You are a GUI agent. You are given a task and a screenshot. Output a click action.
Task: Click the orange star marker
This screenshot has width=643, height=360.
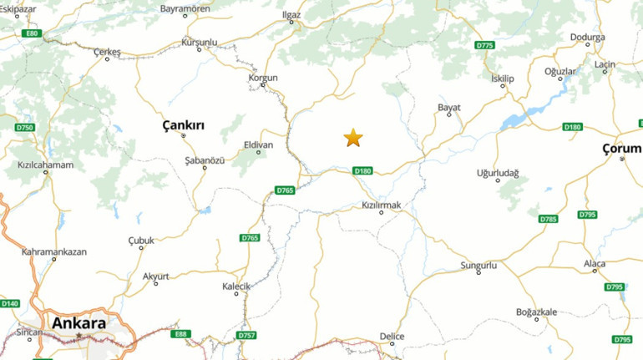(353, 138)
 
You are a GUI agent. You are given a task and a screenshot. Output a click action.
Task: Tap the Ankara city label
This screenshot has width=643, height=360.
(78, 323)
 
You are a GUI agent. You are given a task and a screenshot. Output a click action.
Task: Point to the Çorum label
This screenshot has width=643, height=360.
(621, 148)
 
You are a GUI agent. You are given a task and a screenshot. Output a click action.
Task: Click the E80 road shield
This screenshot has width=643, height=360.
(32, 33)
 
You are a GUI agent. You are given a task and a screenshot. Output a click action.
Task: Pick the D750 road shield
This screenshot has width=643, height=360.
(25, 127)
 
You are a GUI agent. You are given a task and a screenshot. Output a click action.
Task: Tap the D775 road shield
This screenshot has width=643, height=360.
(484, 44)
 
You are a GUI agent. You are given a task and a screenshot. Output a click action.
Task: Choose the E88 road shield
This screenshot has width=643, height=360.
(181, 334)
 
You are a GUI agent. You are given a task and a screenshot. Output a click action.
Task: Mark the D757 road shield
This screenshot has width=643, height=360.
(246, 335)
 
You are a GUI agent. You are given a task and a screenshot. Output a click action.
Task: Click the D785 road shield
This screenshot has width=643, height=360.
(548, 219)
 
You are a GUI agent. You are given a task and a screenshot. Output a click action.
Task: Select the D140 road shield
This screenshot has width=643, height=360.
(10, 303)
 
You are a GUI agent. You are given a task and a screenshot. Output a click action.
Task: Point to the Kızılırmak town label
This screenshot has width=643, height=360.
(382, 205)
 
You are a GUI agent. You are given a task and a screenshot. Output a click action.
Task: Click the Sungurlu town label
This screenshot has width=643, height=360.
(478, 266)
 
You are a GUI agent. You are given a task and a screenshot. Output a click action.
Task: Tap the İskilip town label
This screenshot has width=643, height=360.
(504, 79)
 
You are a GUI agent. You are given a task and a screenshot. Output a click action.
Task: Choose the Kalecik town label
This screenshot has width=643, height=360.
(235, 286)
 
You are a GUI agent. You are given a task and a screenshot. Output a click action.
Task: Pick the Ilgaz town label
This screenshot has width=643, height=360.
(291, 14)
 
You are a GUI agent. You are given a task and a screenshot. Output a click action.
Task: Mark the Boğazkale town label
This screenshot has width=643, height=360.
(536, 312)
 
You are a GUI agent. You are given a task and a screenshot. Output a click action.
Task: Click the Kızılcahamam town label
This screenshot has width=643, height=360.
(45, 165)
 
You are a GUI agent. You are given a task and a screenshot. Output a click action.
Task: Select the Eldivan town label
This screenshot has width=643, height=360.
(257, 145)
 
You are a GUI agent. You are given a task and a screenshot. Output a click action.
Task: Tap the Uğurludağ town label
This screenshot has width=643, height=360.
(498, 173)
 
